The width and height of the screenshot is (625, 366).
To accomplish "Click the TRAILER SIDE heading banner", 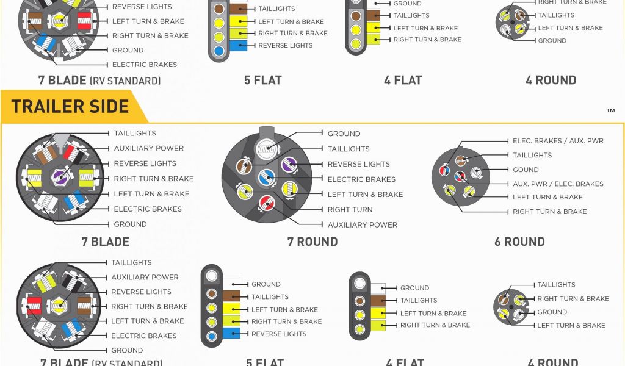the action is [70, 107].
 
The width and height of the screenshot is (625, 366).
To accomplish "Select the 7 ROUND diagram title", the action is [312, 242].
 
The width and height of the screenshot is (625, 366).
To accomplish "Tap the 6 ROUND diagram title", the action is [519, 242].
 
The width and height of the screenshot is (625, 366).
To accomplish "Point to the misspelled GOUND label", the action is [526, 170].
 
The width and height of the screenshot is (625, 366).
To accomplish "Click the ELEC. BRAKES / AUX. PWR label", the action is [558, 141].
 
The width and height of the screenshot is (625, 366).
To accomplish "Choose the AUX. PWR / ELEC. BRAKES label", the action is [558, 184].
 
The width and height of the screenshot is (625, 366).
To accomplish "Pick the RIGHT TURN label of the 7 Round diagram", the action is [350, 209].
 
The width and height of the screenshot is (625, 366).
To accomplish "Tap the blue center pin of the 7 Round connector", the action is [265, 178].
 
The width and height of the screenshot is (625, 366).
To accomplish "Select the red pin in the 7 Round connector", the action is [266, 203].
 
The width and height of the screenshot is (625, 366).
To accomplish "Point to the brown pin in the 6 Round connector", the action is [461, 161].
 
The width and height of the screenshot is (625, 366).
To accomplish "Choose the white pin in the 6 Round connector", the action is [475, 173].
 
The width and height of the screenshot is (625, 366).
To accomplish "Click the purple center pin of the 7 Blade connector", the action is [59, 177].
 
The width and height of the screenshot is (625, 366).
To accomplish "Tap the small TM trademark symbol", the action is [610, 111].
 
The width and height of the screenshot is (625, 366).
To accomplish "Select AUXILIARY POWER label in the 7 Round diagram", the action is [362, 224].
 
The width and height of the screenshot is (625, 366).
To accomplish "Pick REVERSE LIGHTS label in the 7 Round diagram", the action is [358, 164].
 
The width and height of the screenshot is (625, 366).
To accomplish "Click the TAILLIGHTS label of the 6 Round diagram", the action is [532, 156].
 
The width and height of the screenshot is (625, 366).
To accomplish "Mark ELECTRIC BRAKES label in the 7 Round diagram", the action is [361, 179].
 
